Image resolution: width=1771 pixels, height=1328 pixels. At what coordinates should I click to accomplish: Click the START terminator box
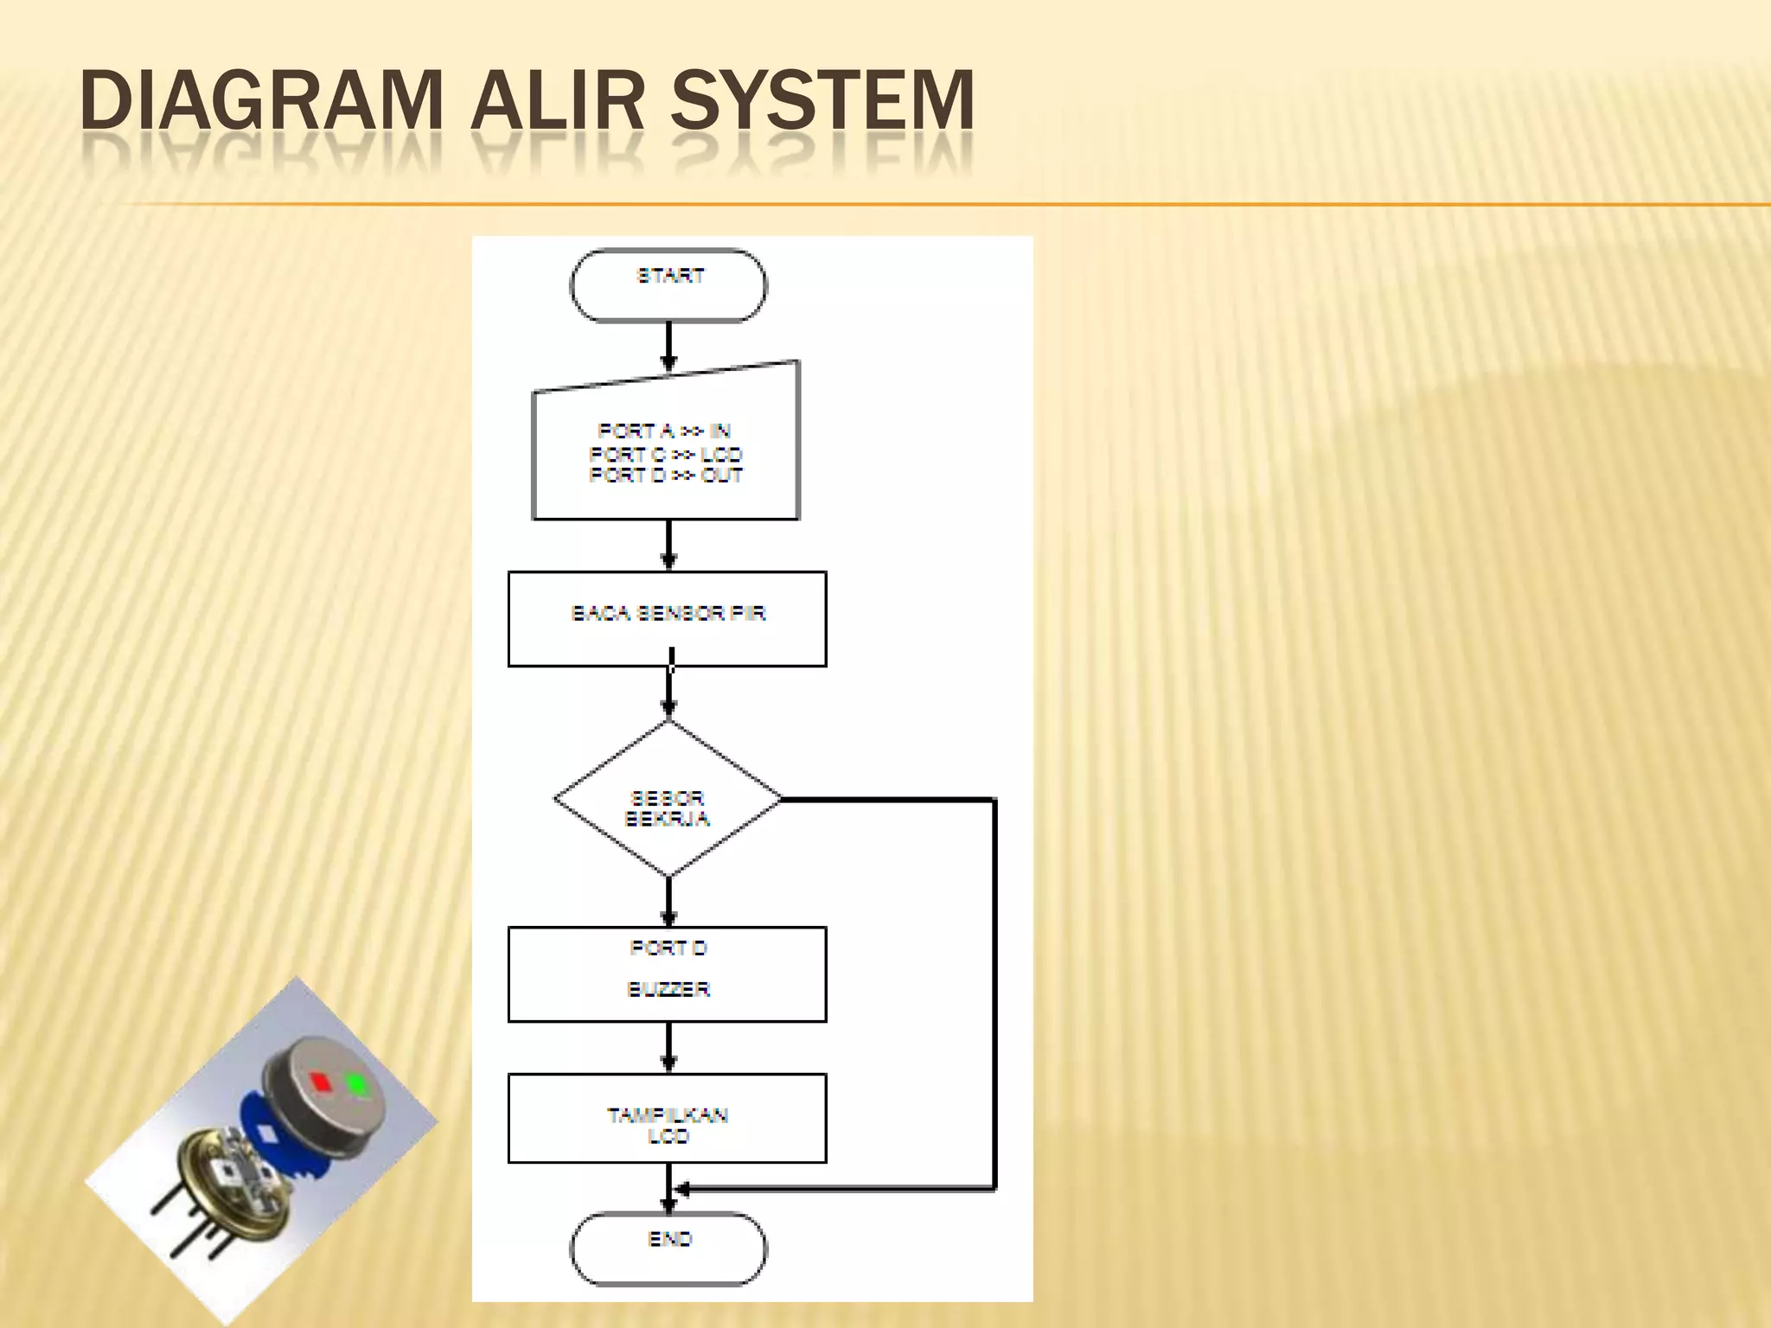(x=668, y=285)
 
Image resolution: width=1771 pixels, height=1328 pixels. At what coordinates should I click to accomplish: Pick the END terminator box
(x=668, y=1248)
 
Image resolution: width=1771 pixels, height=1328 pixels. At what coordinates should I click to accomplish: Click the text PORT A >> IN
(x=664, y=431)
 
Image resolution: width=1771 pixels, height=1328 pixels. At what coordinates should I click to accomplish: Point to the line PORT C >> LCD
(x=665, y=454)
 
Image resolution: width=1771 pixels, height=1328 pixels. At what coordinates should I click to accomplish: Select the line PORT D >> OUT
(x=665, y=475)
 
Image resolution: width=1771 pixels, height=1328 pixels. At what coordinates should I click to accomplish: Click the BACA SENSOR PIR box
(x=668, y=618)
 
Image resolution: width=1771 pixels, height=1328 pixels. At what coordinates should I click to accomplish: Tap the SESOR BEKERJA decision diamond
(x=668, y=808)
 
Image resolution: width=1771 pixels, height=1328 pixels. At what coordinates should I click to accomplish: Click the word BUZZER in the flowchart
(x=668, y=989)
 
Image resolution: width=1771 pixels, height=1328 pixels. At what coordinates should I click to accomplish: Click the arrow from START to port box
(x=668, y=347)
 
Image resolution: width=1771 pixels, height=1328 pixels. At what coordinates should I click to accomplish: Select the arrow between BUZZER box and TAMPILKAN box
(x=668, y=1048)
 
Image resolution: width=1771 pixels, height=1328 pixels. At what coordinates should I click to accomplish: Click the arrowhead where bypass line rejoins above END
(x=681, y=1190)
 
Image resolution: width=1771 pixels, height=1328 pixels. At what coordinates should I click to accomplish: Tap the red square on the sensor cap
(x=321, y=1081)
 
